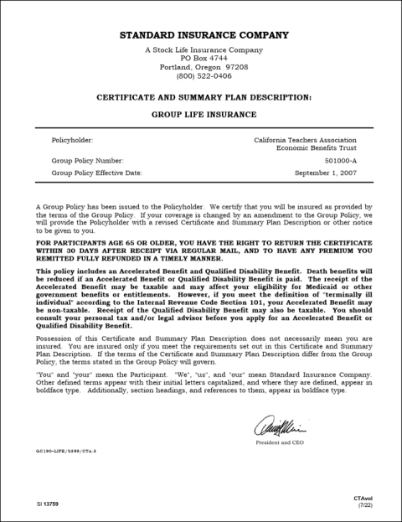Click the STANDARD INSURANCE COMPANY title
[204, 35]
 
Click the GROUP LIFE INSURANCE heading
[204, 113]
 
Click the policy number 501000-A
[340, 159]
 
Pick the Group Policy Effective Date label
[97, 173]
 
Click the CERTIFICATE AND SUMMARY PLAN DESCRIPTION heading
[204, 97]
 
